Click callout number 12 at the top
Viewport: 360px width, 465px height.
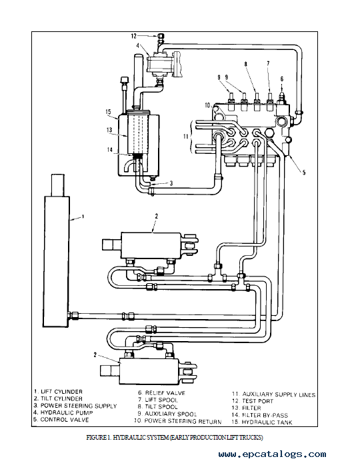pyautogui.click(x=133, y=36)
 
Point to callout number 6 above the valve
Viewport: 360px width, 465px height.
pyautogui.click(x=281, y=79)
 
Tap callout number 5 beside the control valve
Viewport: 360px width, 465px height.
pyautogui.click(x=303, y=173)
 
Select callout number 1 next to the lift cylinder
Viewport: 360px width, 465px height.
pyautogui.click(x=83, y=217)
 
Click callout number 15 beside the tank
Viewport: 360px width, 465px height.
pyautogui.click(x=108, y=112)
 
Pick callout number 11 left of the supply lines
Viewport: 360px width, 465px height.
pyautogui.click(x=186, y=137)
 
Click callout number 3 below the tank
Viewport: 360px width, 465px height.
pyautogui.click(x=171, y=183)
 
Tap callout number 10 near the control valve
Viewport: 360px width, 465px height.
pyautogui.click(x=207, y=105)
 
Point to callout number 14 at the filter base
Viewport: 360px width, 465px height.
pyautogui.click(x=110, y=150)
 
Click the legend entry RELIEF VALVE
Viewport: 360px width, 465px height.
pyautogui.click(x=165, y=393)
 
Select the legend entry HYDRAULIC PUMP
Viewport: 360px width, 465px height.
pyautogui.click(x=67, y=412)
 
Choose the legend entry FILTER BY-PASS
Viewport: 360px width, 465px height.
pyautogui.click(x=265, y=415)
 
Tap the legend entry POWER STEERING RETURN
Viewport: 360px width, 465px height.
pyautogui.click(x=183, y=421)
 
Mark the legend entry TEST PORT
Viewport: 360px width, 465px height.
pyautogui.click(x=257, y=401)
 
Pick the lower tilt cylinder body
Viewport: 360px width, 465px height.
pyautogui.click(x=149, y=370)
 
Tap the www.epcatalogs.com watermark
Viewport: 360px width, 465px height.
pyautogui.click(x=272, y=454)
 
